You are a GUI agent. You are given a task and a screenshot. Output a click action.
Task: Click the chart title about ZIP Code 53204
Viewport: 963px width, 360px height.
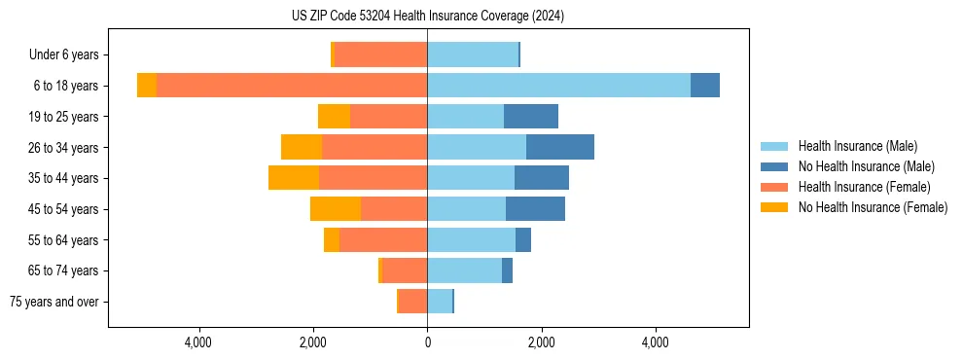click(x=427, y=17)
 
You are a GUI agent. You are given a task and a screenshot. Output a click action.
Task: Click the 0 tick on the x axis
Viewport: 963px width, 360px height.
click(x=427, y=342)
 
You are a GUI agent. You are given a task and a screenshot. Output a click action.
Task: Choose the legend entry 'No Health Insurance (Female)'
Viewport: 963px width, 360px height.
click(x=873, y=207)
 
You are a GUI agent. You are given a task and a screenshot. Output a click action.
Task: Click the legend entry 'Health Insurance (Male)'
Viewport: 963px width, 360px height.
click(x=857, y=146)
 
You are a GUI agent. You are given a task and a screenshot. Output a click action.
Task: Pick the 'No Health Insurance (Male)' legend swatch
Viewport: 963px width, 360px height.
click(x=775, y=166)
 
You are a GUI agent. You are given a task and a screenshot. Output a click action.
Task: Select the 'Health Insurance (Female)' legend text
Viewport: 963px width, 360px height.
click(x=864, y=187)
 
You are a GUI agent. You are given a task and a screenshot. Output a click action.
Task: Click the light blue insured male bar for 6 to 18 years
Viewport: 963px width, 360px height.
click(x=558, y=86)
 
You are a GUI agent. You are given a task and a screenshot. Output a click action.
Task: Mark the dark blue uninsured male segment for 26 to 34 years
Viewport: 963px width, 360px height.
click(x=560, y=147)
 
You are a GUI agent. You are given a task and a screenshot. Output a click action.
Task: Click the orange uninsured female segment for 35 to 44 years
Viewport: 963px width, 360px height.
click(x=294, y=178)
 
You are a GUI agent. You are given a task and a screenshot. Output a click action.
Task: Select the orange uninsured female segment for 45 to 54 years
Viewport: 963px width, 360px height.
click(x=336, y=209)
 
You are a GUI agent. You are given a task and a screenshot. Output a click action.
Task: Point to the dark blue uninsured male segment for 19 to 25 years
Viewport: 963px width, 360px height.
click(x=531, y=117)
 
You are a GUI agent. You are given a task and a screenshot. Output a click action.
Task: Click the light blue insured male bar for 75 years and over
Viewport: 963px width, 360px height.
click(x=440, y=302)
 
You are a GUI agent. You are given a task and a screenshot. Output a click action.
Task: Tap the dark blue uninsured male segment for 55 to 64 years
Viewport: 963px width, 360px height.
click(x=523, y=239)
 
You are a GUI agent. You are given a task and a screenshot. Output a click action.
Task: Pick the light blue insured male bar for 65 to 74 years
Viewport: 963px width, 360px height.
click(x=464, y=270)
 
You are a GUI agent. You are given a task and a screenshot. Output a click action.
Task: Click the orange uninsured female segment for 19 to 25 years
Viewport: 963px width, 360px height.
click(x=334, y=117)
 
